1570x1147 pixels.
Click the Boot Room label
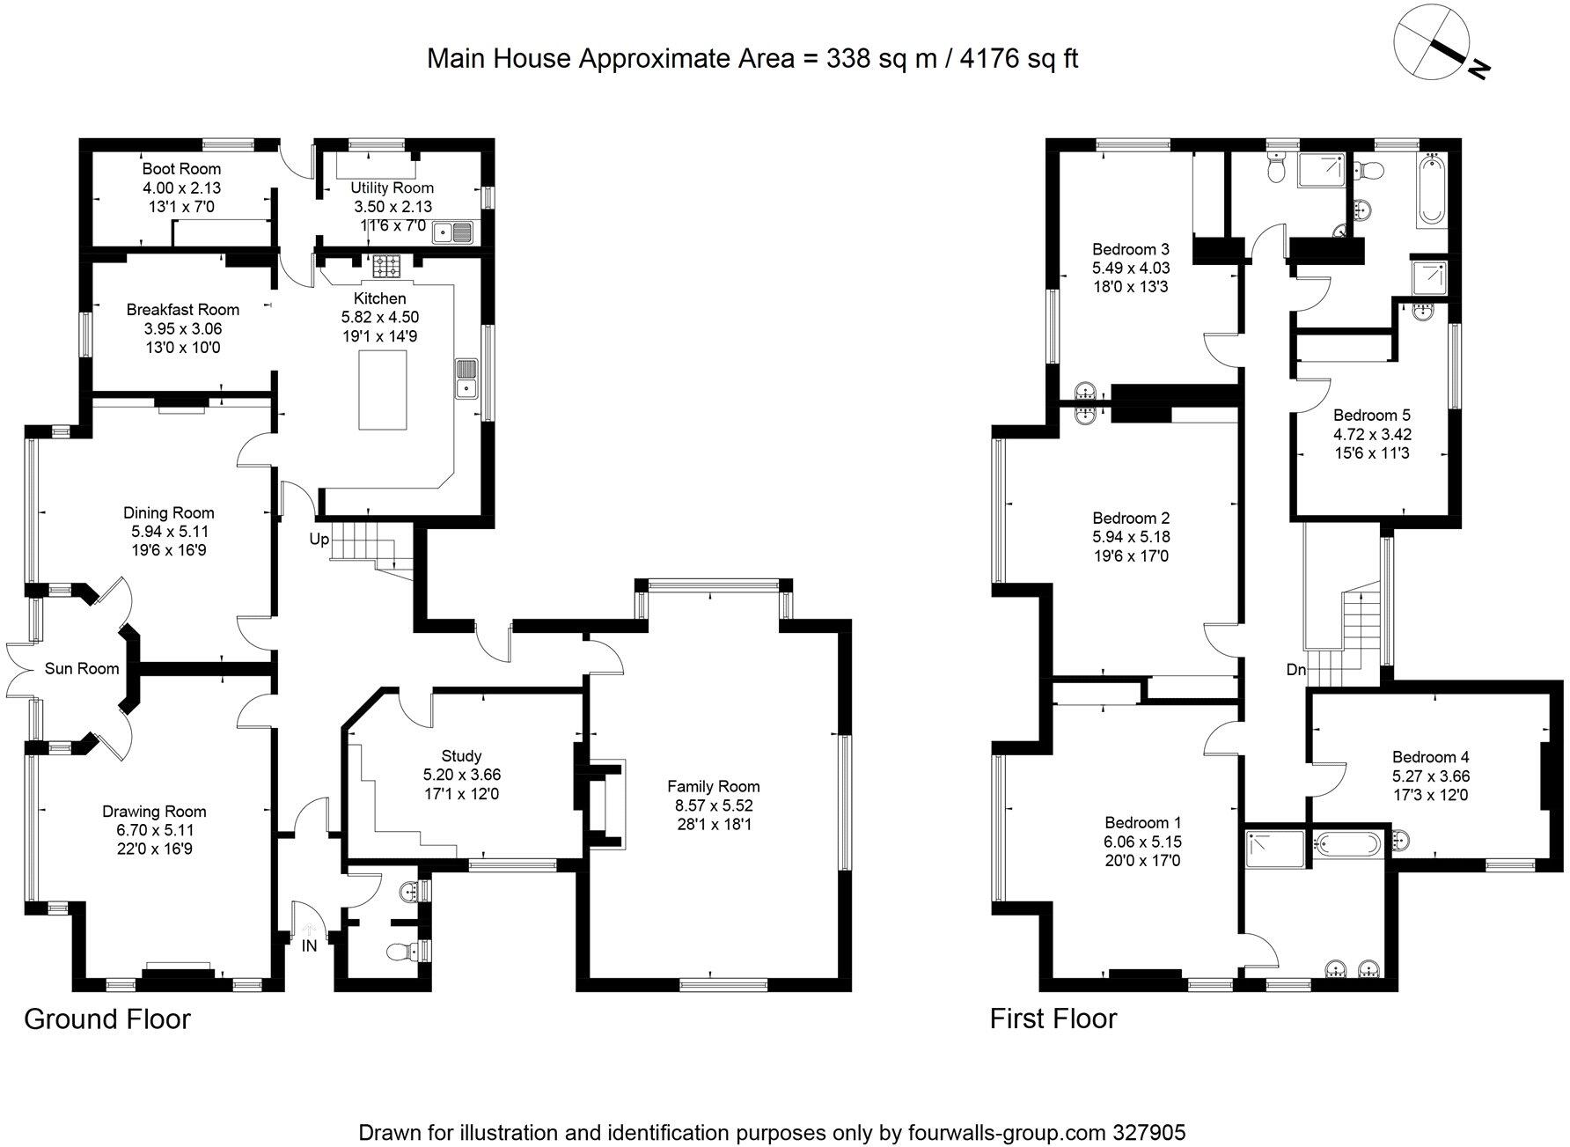181,168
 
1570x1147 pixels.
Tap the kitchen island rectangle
383,389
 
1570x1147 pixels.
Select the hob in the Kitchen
385,264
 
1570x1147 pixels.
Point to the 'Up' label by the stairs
319,539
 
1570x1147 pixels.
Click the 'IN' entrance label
309,946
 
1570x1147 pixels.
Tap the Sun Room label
82,669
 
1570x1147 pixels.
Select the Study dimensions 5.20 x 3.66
461,775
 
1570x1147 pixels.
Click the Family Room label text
713,786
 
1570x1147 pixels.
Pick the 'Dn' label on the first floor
1295,670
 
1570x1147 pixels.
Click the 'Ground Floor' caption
107,1018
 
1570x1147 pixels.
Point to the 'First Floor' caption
1053,1018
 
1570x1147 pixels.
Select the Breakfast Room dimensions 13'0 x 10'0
182,348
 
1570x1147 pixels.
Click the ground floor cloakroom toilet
401,952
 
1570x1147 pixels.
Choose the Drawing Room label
154,812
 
